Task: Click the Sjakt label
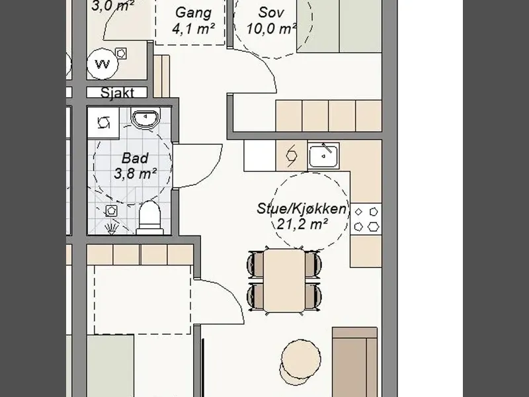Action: click(x=117, y=93)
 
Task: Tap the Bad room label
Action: click(x=135, y=158)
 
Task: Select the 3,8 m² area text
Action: click(x=135, y=174)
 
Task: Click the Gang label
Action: click(x=193, y=13)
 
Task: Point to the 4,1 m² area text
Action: click(x=193, y=28)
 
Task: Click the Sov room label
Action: click(x=271, y=13)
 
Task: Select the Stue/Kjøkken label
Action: click(x=302, y=208)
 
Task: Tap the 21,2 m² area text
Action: click(x=302, y=224)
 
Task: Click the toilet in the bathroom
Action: click(x=150, y=218)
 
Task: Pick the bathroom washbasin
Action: click(x=145, y=118)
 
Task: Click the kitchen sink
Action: click(x=323, y=156)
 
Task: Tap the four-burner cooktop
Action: click(x=366, y=220)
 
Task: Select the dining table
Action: click(x=284, y=281)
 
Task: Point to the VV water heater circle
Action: click(x=102, y=64)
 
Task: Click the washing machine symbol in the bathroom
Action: click(x=103, y=122)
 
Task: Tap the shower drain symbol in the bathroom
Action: click(x=111, y=210)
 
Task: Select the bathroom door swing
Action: click(x=197, y=165)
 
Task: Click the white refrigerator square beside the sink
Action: click(x=260, y=155)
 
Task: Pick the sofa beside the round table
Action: click(x=354, y=362)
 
